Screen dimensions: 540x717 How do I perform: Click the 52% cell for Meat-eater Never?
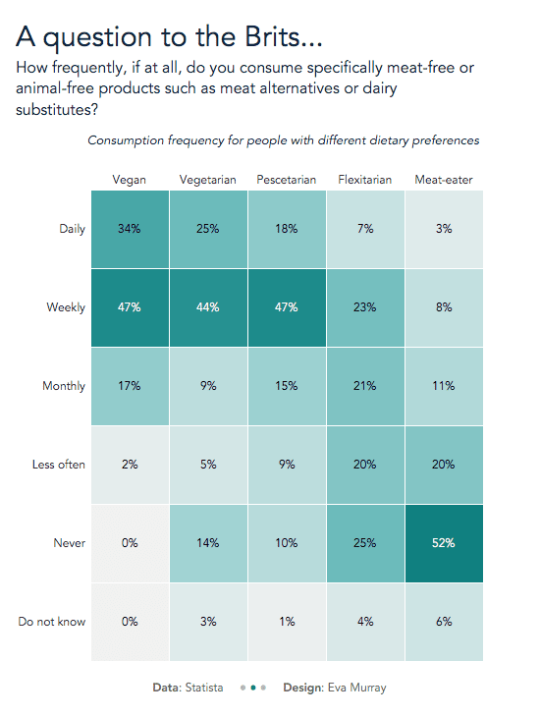(444, 543)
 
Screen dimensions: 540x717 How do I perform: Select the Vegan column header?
(130, 180)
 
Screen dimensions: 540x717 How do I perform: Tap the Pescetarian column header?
(287, 179)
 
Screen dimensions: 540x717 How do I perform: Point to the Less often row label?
(59, 465)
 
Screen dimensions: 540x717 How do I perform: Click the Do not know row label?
(52, 622)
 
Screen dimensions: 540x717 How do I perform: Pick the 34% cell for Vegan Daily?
(130, 229)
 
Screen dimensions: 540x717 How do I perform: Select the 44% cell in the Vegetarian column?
(208, 307)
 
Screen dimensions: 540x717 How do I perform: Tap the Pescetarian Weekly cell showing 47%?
(287, 307)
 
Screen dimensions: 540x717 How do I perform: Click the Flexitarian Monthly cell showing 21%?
(365, 386)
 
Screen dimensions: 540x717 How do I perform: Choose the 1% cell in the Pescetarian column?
(287, 622)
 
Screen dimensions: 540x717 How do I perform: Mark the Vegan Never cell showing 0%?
(130, 543)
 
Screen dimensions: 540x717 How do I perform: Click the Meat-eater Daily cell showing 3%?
(444, 229)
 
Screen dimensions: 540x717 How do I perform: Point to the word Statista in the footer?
(204, 688)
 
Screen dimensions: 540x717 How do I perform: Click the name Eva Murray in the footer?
(357, 688)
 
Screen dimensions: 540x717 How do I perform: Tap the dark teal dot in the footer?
(253, 688)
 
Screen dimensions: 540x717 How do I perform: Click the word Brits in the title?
(273, 36)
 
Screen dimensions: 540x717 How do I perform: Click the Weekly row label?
(66, 307)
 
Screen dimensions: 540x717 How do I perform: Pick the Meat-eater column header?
(444, 179)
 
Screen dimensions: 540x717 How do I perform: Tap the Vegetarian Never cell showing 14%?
(208, 543)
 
